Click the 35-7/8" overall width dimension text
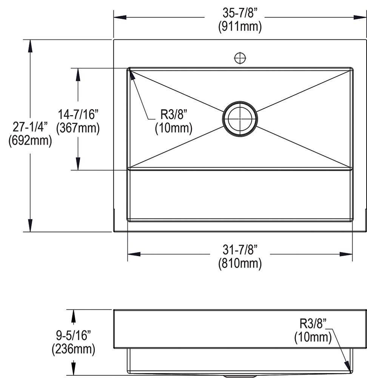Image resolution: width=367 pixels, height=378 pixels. tap(240, 13)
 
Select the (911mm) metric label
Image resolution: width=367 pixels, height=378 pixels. tap(240, 26)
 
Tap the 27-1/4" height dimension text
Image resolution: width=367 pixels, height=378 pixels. tap(30, 126)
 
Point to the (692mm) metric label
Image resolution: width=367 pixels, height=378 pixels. tap(30, 140)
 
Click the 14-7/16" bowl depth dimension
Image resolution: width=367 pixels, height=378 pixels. tap(78, 114)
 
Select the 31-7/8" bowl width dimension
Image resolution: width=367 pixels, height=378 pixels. tap(240, 249)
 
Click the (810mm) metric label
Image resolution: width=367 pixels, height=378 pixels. tap(240, 263)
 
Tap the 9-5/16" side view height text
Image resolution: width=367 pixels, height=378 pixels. tap(74, 335)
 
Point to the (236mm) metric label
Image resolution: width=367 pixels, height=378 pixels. tap(74, 349)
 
